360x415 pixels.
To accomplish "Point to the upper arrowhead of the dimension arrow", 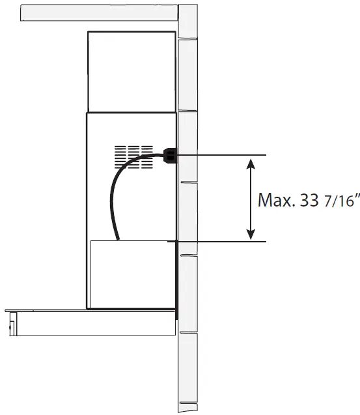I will point(250,163).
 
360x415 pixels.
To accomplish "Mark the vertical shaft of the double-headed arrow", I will point(250,199).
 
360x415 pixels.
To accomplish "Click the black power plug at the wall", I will point(169,155).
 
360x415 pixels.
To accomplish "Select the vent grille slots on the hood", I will point(133,156).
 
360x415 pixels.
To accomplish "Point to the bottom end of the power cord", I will point(118,238).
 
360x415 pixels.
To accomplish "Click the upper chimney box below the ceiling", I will point(132,71).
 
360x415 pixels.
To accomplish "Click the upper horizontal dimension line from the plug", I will point(221,155).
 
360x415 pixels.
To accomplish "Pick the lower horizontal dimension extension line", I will point(221,242).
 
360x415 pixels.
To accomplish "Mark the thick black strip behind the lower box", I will point(176,280).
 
